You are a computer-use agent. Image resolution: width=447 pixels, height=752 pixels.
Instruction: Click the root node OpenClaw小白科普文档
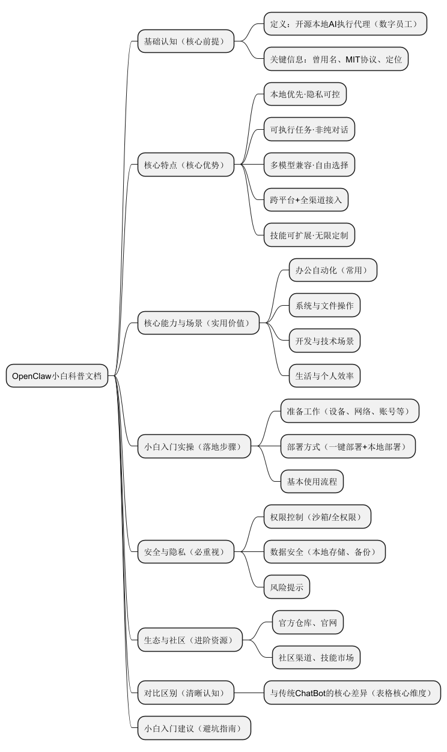pyautogui.click(x=57, y=377)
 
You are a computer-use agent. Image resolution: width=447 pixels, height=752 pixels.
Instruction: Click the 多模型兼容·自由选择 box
pyautogui.click(x=309, y=165)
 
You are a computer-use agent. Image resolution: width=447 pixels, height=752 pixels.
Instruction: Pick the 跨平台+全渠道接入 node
pyautogui.click(x=306, y=200)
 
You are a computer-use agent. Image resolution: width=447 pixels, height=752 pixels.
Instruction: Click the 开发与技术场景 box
pyautogui.click(x=324, y=341)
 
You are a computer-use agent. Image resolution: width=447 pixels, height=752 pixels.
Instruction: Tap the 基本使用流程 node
pyautogui.click(x=312, y=481)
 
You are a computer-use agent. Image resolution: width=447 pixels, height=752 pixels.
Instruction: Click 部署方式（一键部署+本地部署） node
pyautogui.click(x=348, y=446)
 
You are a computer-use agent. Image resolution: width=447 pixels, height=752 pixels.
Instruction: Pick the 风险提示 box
pyautogui.click(x=287, y=587)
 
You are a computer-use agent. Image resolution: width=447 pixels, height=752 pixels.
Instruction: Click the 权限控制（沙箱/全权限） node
pyautogui.click(x=317, y=517)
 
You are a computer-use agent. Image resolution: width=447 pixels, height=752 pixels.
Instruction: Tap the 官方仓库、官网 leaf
pyautogui.click(x=308, y=623)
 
